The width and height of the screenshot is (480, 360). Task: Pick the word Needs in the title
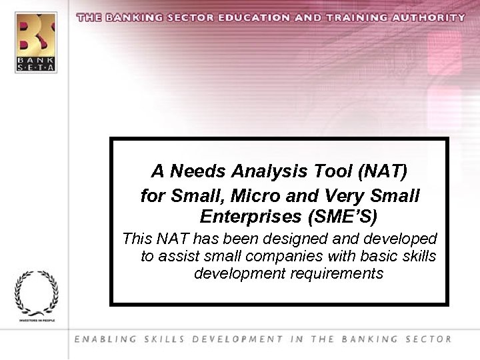click(x=198, y=171)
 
